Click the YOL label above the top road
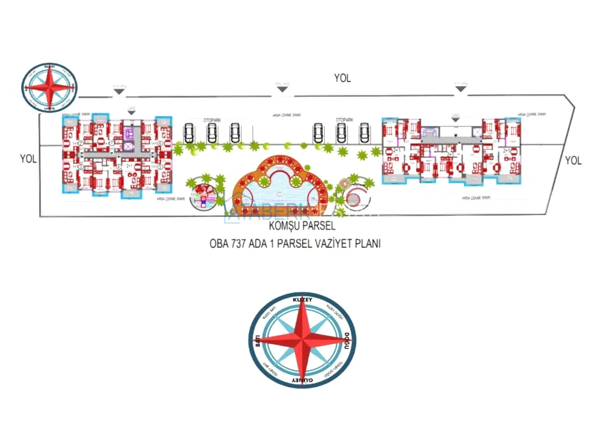343,78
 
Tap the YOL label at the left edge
28,158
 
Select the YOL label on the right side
573,160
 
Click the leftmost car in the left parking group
189,132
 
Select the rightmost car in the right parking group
365,132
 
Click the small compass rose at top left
49,87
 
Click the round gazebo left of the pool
203,192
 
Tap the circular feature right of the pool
353,198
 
